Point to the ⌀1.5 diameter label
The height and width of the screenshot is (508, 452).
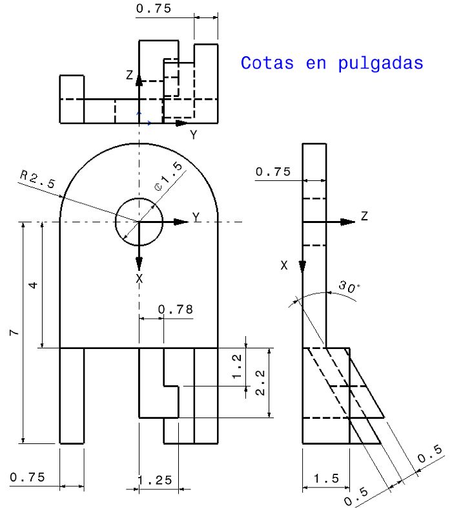(x=169, y=176)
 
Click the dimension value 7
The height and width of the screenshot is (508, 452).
(x=14, y=332)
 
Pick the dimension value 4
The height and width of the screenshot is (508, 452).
(x=34, y=284)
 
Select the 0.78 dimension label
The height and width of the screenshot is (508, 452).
(x=176, y=310)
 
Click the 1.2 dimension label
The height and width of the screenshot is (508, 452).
(x=237, y=366)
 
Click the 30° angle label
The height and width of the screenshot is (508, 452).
(x=349, y=288)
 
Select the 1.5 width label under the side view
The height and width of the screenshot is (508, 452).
(x=325, y=478)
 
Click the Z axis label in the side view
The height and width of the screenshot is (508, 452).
(x=364, y=217)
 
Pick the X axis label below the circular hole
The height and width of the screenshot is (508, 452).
(x=139, y=278)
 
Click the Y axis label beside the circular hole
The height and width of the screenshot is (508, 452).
(x=196, y=217)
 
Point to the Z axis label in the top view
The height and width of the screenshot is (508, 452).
(x=130, y=76)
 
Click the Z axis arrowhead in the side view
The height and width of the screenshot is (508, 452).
(x=348, y=222)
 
